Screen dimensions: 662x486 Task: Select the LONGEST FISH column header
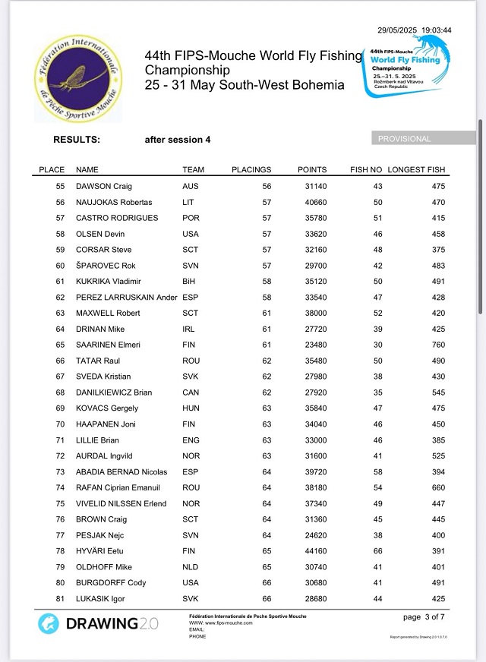[416, 169]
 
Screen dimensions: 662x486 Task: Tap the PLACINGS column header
[251, 169]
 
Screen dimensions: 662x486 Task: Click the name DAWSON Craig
[104, 186]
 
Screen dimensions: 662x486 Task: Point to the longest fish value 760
[437, 345]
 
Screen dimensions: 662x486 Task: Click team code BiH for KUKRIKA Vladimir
[191, 281]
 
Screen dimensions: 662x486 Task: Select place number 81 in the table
[61, 599]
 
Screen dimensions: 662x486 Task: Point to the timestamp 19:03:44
[437, 30]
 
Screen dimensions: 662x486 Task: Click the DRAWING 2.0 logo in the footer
[99, 623]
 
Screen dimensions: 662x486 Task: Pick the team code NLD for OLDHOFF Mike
[191, 567]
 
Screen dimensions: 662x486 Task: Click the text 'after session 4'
[178, 140]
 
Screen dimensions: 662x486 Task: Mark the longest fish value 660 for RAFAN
[437, 488]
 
